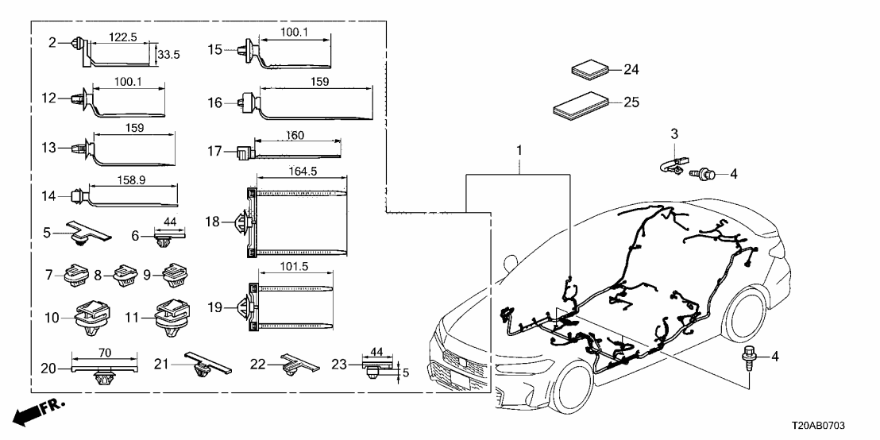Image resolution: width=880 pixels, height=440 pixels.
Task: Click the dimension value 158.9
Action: click(131, 181)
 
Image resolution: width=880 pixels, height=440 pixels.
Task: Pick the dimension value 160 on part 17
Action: click(295, 136)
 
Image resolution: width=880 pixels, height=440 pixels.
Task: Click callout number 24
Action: click(631, 70)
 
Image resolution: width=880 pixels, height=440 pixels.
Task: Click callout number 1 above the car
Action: click(520, 149)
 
